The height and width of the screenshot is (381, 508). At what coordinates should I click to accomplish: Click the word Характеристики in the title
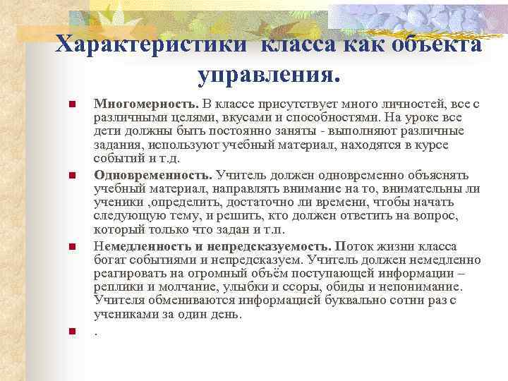point(150,43)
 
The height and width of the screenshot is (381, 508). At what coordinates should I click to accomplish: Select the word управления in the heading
point(265,73)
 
